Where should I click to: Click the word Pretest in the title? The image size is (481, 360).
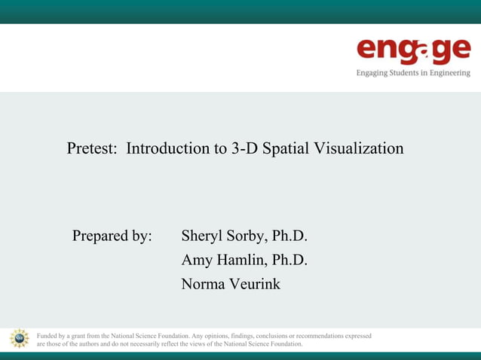[92, 149]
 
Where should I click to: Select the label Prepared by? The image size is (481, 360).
[112, 236]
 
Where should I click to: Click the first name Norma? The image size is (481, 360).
[202, 285]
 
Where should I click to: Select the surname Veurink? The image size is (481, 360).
[253, 285]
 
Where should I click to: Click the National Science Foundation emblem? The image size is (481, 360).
[19, 339]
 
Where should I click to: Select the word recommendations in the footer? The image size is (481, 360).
[311, 335]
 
